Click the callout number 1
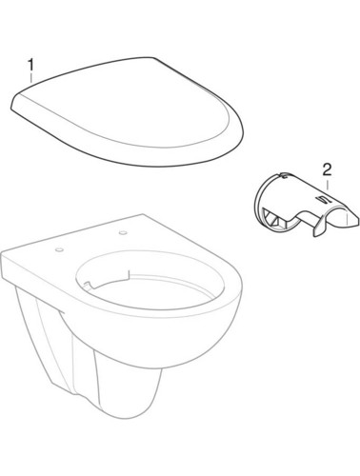pos(30,66)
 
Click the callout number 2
pos(327,170)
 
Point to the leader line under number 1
pos(31,78)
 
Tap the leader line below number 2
pos(328,185)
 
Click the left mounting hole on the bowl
pos(59,250)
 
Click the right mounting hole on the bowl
pos(123,233)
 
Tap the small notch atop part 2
pos(285,174)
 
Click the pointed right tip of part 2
pos(358,220)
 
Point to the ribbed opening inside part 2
pos(273,220)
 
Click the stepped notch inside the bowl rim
pos(127,275)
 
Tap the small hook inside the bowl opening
pos(89,285)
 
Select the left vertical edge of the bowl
pos(3,266)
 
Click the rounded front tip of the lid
pos(243,133)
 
